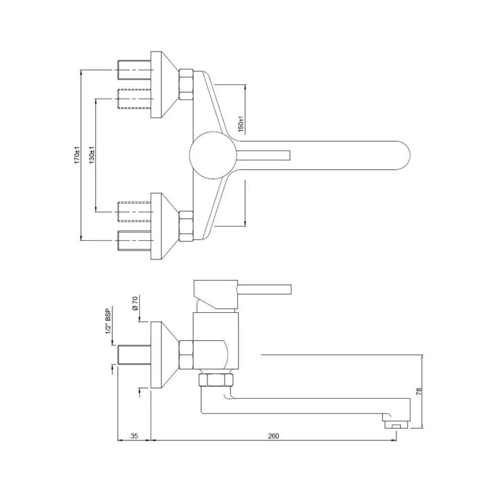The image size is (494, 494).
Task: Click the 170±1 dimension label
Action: [x=77, y=156]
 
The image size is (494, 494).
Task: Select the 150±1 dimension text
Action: [x=241, y=123]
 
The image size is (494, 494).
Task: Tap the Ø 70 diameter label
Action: [x=135, y=304]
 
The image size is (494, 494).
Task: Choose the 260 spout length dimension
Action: [x=273, y=436]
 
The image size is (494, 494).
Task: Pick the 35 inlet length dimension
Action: [x=134, y=436]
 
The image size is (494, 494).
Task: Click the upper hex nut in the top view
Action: [x=186, y=85]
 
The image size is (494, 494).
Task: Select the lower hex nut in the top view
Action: [x=186, y=226]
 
